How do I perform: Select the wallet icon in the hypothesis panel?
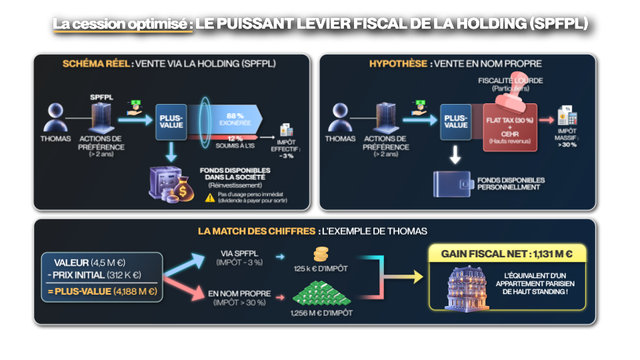(x=453, y=184)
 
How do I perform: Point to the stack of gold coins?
(x=321, y=255)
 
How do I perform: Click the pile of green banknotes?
(x=323, y=294)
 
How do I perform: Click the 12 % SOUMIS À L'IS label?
(x=235, y=139)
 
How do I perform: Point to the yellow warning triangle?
(x=210, y=197)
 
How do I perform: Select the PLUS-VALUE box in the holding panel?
(x=171, y=121)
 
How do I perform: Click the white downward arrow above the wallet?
(x=455, y=155)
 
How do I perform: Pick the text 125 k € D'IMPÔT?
(x=321, y=270)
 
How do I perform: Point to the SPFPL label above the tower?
(x=101, y=97)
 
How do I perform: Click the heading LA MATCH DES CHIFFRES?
(x=256, y=231)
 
